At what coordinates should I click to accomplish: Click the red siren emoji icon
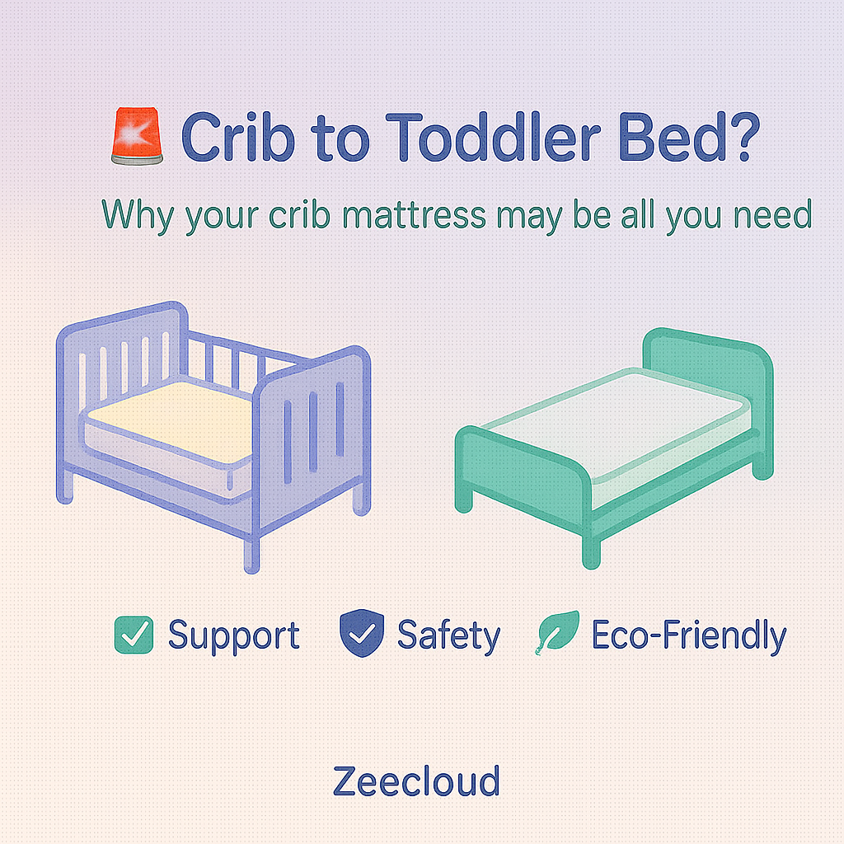click(137, 137)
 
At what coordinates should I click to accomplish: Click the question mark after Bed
click(733, 137)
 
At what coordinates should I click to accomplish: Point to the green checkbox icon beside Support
click(133, 635)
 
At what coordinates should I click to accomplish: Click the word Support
click(233, 636)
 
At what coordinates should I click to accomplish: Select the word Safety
click(448, 636)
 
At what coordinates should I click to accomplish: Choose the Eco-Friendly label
click(689, 636)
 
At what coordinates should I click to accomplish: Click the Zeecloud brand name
click(416, 781)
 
